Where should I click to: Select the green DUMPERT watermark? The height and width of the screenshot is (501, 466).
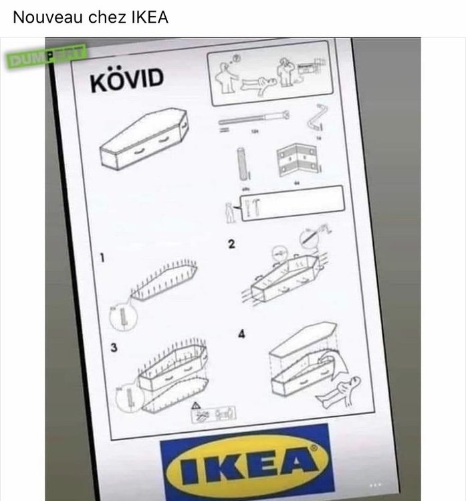click(x=46, y=57)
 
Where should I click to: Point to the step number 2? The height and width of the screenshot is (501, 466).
click(x=231, y=245)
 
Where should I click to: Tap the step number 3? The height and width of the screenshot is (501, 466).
click(x=114, y=349)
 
